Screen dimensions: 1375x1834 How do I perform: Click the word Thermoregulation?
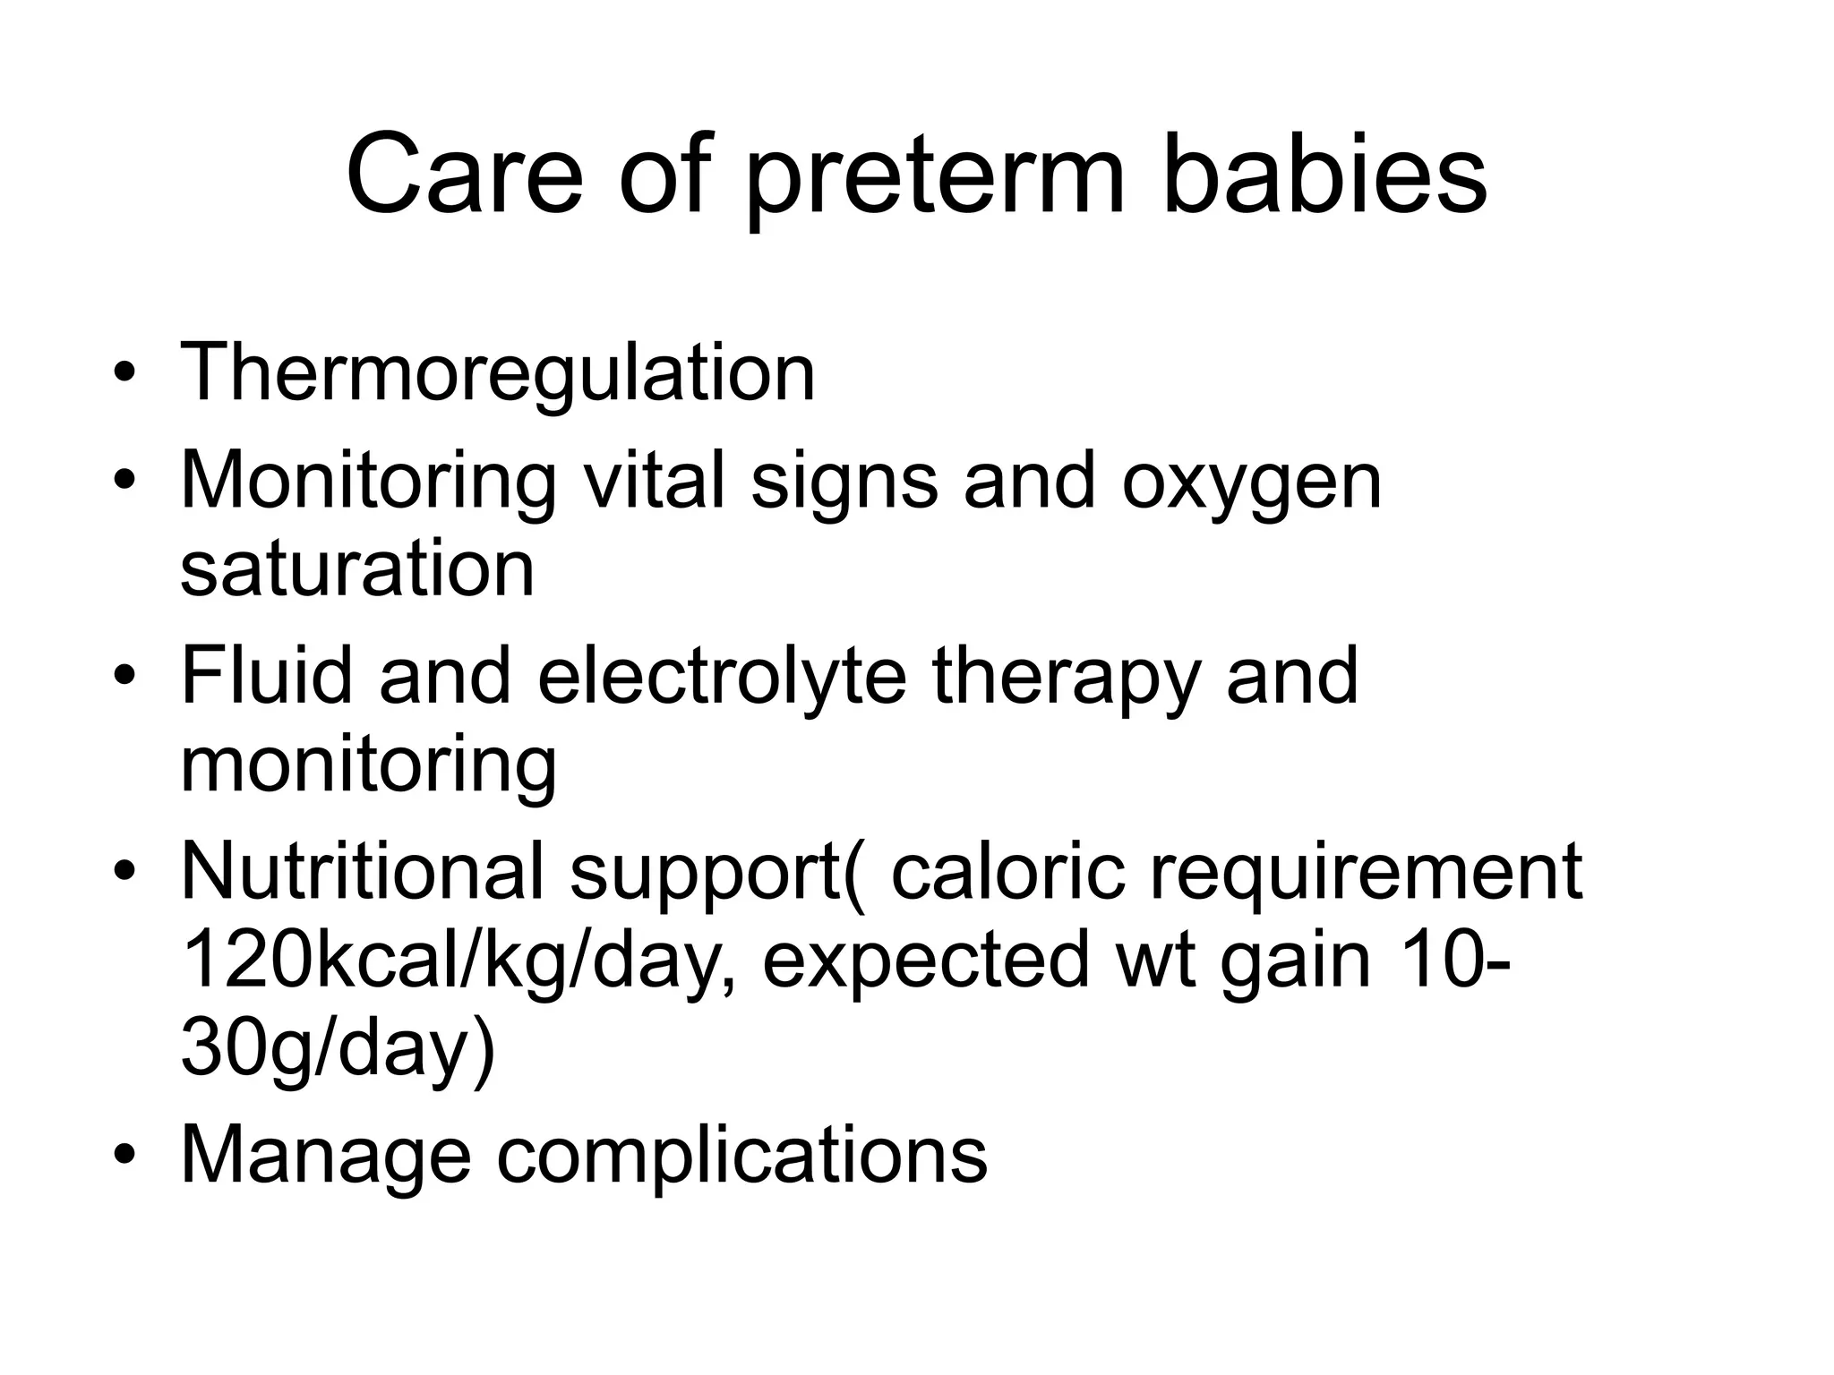coord(498,374)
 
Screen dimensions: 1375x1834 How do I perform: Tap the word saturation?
coord(357,569)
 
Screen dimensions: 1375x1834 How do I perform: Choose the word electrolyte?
coord(722,678)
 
